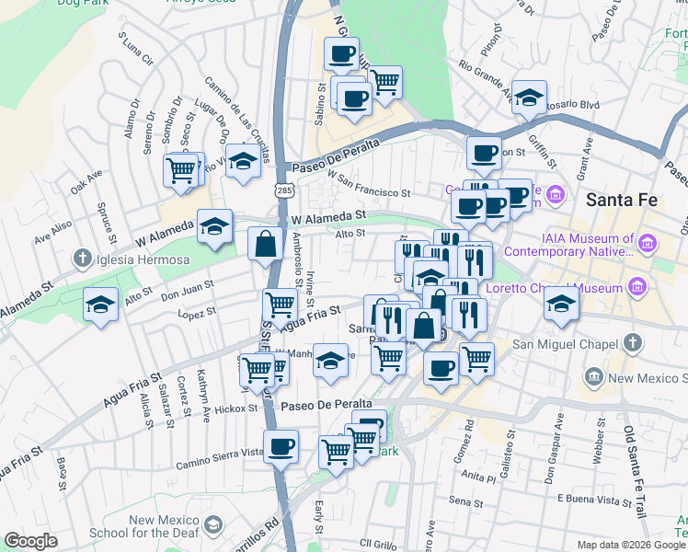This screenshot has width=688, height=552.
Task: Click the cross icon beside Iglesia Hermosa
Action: tap(84, 259)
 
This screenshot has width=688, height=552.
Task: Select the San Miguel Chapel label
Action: tap(562, 345)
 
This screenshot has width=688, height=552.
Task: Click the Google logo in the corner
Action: tap(31, 541)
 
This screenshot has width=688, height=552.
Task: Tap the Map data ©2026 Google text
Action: tap(631, 545)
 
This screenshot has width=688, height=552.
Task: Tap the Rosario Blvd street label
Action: tap(574, 105)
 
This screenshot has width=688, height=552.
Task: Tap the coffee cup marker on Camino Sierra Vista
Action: tap(281, 447)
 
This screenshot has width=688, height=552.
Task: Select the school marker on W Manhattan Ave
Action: tap(330, 361)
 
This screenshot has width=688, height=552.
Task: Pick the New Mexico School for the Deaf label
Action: tap(165, 527)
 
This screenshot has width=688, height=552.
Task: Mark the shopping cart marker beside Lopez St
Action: tap(279, 303)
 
